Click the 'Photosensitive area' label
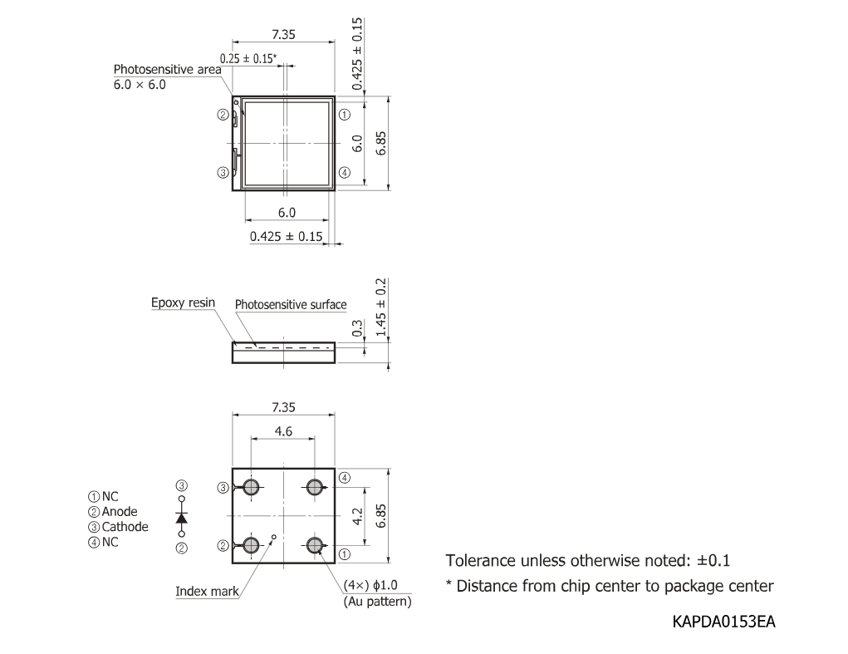point(167,69)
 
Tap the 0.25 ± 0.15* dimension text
point(248,58)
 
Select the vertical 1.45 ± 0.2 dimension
point(380,307)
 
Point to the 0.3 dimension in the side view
point(357,327)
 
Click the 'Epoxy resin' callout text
point(183,303)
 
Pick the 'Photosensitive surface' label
point(291,304)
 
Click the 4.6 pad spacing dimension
point(283,431)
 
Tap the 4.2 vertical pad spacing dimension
point(357,516)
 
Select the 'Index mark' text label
point(207,591)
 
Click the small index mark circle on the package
point(273,537)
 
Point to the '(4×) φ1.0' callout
point(370,585)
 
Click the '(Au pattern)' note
point(378,602)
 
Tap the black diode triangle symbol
point(182,518)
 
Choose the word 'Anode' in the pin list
point(120,512)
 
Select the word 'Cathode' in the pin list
point(125,527)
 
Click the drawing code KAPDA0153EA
point(723,622)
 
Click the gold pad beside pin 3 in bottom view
point(251,488)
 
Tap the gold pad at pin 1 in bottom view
point(314,545)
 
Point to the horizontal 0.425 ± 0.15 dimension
point(286,236)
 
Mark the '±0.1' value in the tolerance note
point(713,560)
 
